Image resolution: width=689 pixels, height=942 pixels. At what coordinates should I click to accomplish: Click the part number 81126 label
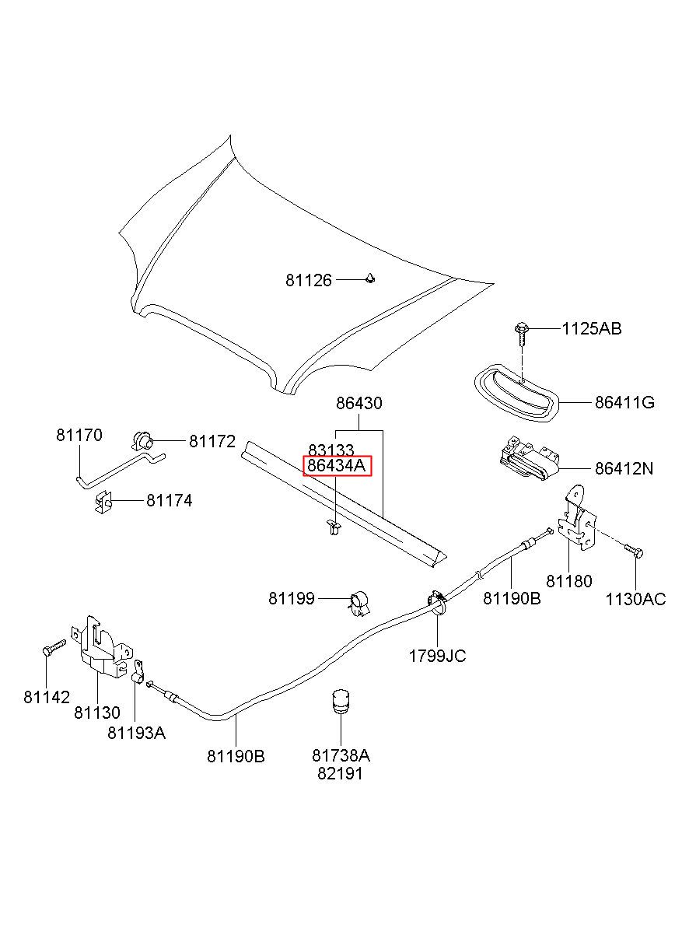tap(309, 280)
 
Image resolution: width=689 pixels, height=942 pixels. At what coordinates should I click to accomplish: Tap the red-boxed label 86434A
tap(338, 466)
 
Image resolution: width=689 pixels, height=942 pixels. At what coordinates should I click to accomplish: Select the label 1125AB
tap(592, 328)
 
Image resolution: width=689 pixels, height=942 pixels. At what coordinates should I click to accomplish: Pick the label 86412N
tap(624, 468)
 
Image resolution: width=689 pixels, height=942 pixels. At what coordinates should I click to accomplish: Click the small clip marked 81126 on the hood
tap(369, 278)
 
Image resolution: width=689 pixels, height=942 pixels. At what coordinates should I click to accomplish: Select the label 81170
tap(79, 435)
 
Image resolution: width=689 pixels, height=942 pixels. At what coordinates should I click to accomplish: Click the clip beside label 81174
tap(103, 502)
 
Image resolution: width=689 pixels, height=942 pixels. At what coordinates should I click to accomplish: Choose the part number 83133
tap(331, 450)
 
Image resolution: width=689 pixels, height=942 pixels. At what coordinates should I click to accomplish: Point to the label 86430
tap(359, 403)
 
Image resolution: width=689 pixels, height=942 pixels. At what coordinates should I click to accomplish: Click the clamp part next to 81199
tap(358, 604)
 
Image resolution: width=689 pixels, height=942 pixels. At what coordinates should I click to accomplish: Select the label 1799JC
tap(437, 656)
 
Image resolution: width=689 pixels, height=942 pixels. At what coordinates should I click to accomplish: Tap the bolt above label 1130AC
tap(635, 551)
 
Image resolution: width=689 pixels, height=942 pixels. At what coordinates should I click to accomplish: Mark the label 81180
tap(568, 581)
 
